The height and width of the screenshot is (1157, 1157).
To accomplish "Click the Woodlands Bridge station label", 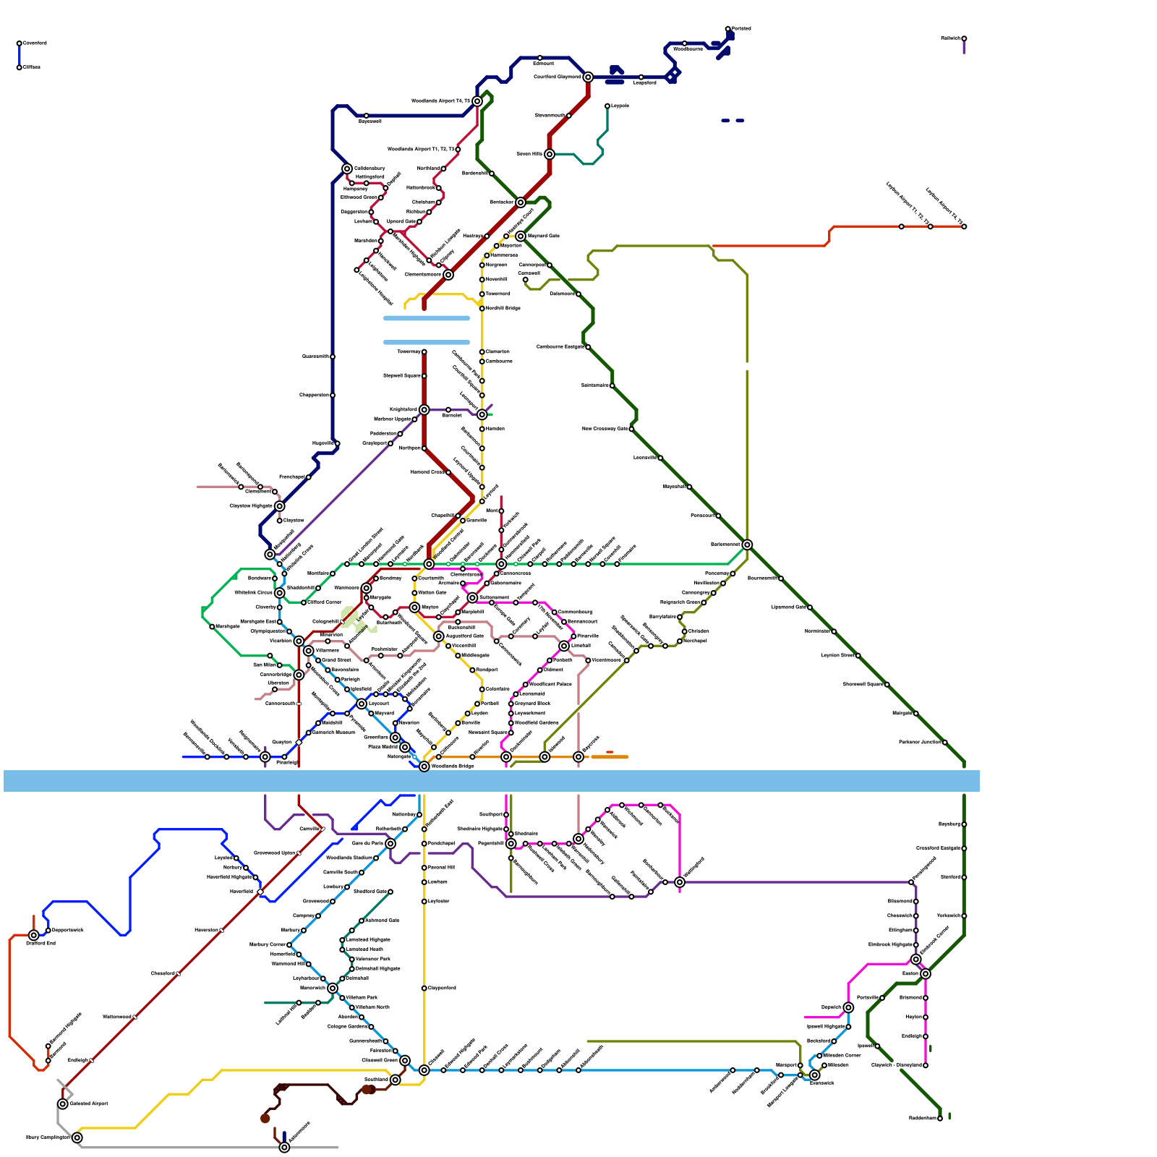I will click(453, 766).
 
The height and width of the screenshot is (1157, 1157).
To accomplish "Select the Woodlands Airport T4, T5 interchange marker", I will click(477, 101).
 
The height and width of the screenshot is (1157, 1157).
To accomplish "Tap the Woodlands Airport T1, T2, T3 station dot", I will click(458, 150).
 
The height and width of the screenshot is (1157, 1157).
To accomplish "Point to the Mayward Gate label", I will click(544, 236).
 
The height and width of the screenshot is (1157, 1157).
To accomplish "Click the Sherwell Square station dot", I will click(887, 684).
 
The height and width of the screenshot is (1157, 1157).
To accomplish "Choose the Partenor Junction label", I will click(919, 742).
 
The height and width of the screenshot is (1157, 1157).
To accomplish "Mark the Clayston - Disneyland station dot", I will click(926, 1065).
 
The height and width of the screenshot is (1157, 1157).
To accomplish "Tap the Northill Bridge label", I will click(503, 308).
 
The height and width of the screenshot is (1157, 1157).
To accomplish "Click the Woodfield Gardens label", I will click(537, 722).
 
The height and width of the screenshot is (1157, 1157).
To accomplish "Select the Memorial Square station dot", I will click(511, 733).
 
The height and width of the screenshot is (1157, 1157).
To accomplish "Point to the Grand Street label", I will click(336, 659).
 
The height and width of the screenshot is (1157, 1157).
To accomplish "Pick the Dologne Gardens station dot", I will click(371, 1027).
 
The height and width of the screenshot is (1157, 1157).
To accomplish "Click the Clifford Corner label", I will click(325, 602).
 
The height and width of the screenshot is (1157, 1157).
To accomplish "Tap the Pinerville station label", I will click(588, 636).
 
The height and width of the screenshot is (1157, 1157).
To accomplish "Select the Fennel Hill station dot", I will click(424, 868).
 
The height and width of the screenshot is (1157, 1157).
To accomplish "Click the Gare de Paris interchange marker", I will click(390, 844).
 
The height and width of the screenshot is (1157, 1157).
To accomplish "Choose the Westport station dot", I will click(472, 670).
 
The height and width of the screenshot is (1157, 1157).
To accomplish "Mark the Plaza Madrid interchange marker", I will click(405, 747).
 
